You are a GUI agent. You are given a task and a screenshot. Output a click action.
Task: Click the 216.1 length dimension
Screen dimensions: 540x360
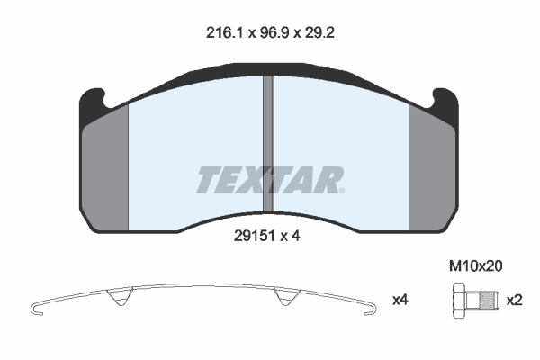pyautogui.click(x=224, y=33)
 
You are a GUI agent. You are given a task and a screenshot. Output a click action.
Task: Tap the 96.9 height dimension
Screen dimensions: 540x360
pyautogui.click(x=274, y=33)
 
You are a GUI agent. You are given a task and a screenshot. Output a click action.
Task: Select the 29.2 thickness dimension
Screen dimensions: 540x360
pyautogui.click(x=319, y=33)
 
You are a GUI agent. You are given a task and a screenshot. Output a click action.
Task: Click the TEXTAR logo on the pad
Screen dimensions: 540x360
pyautogui.click(x=270, y=179)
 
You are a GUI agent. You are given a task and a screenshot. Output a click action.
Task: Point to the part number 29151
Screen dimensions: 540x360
pyautogui.click(x=255, y=236)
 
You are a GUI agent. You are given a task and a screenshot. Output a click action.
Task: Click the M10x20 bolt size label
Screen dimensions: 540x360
pyautogui.click(x=475, y=266)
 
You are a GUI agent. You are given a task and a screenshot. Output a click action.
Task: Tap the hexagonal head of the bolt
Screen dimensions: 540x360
pyautogui.click(x=459, y=301)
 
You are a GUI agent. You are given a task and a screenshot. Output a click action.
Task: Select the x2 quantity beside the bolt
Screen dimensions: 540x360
pyautogui.click(x=515, y=301)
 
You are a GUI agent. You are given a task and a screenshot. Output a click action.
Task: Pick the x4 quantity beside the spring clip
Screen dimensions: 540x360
pyautogui.click(x=400, y=300)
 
